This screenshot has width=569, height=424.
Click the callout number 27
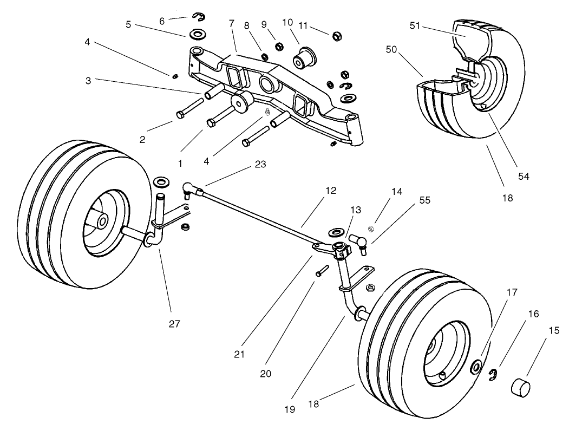(174, 324)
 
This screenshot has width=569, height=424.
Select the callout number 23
(260, 165)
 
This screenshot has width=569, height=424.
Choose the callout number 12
(331, 191)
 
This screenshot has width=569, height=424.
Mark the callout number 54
(524, 176)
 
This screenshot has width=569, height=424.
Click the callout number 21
(239, 355)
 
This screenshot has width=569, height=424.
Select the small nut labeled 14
(372, 228)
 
